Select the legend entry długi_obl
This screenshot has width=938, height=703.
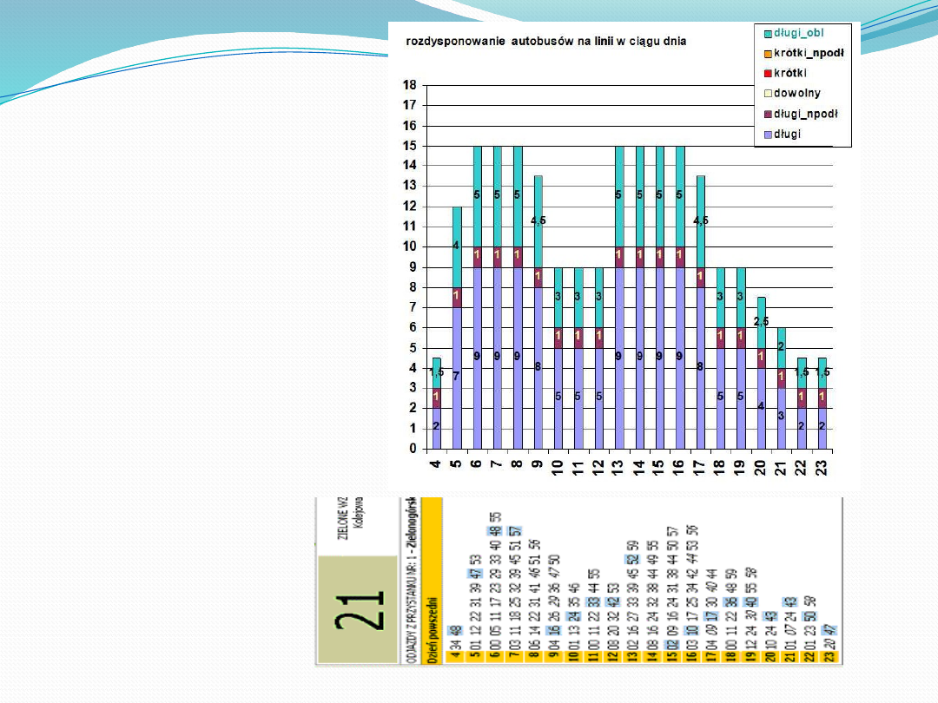pos(799,32)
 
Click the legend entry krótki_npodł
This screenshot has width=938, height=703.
pos(809,53)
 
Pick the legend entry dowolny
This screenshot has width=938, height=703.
pos(797,93)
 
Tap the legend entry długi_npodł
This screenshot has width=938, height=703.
pos(805,114)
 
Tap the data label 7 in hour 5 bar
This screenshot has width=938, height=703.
pos(456,376)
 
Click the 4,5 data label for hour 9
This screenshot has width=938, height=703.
pos(538,220)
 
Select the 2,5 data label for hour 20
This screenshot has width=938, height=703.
pos(761,321)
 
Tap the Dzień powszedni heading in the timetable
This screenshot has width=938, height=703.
pos(433,630)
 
